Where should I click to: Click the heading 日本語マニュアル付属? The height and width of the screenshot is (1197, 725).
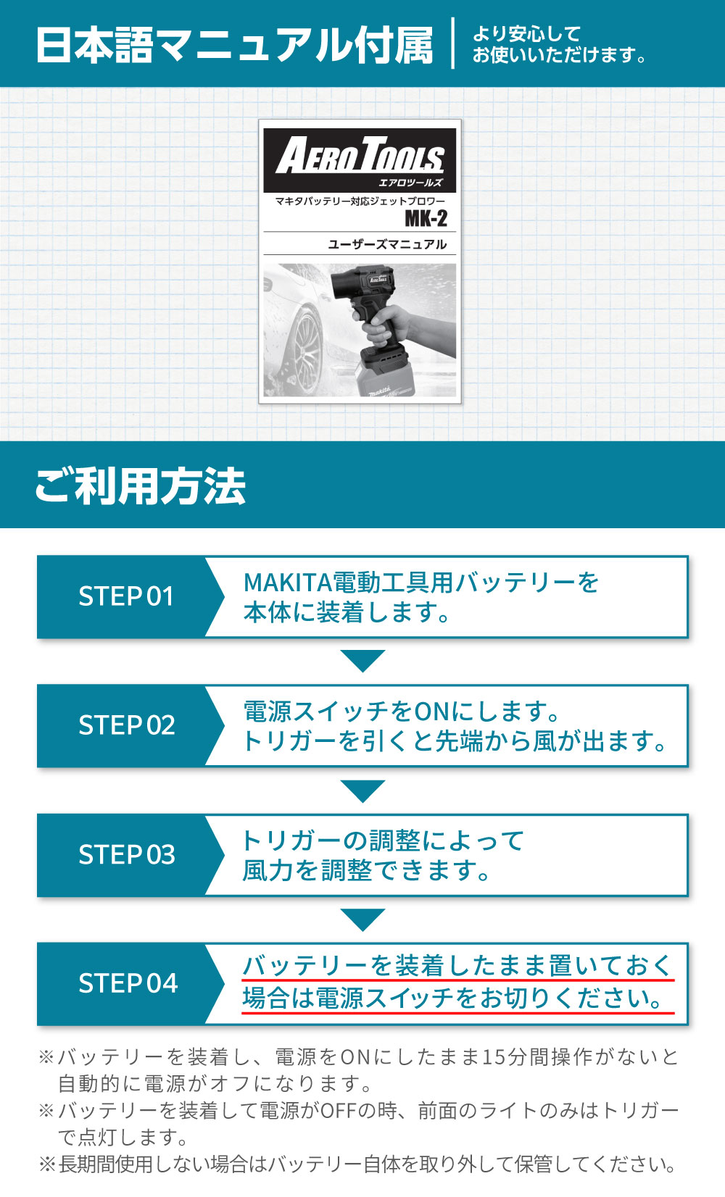tap(234, 45)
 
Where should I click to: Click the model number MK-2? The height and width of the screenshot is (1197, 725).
tap(426, 218)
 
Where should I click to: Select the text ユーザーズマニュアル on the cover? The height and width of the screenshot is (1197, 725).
tap(387, 244)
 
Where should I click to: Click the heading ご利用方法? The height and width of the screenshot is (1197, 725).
tap(141, 485)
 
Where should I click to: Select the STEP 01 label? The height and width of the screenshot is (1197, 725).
tap(126, 596)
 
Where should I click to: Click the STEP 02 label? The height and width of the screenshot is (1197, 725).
tap(127, 725)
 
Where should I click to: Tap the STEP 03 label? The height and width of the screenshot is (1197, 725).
tap(127, 854)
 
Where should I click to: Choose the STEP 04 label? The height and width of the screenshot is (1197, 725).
tap(128, 983)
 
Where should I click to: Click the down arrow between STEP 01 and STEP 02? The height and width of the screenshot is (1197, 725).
tap(362, 660)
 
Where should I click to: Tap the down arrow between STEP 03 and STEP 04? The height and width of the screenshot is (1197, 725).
tap(362, 919)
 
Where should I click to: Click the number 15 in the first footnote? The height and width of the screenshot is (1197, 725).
tap(493, 1057)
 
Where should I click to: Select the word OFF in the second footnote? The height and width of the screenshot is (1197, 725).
tap(339, 1111)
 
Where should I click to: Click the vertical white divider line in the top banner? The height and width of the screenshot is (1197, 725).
tap(453, 43)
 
